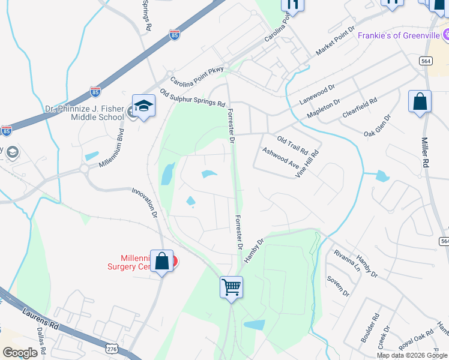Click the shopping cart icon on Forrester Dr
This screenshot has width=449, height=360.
click(x=231, y=287)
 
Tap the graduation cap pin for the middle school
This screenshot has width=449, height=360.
click(x=143, y=106)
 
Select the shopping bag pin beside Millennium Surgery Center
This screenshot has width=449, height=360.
click(x=161, y=262)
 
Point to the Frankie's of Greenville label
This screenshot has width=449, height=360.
click(x=399, y=35)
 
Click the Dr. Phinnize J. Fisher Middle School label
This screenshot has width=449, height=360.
click(x=84, y=113)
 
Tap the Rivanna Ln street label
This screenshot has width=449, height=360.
click(x=346, y=259)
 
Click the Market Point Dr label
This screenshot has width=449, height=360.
click(x=337, y=43)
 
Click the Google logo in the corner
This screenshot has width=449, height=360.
click(x=20, y=353)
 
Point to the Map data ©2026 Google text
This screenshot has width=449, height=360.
click(x=412, y=355)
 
